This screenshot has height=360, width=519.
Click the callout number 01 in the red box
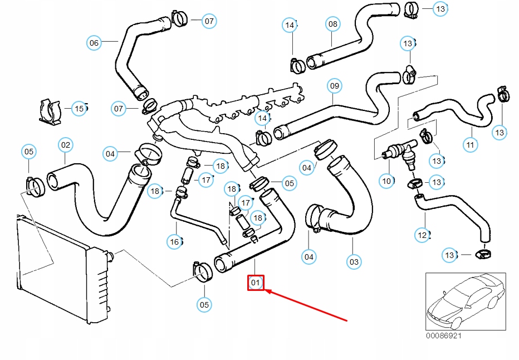256,283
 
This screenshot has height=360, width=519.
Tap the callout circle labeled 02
66,145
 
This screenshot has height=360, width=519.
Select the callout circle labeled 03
354,261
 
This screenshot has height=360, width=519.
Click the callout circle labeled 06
94,42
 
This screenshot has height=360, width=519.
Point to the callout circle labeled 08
332,24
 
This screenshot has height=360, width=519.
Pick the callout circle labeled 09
334,86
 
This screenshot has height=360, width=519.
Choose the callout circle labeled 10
386,181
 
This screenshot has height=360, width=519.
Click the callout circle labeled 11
471,145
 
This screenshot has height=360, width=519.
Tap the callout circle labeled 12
422,235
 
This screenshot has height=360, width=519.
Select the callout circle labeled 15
79,109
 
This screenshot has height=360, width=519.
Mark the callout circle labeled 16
175,241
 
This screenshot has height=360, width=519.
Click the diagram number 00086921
444,336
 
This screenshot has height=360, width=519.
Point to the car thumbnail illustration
465,301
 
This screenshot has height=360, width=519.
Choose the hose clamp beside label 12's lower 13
483,255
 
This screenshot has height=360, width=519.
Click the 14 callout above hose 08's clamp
290,25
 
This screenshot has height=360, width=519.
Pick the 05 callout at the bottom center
204,304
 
